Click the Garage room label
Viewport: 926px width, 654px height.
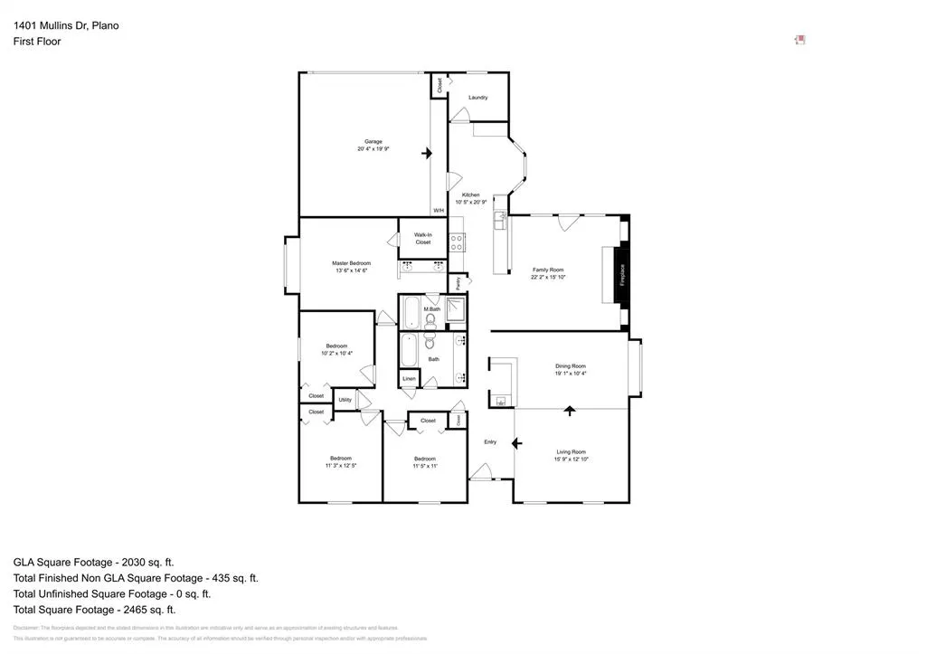coord(373,141)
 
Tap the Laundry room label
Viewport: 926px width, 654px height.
coord(477,97)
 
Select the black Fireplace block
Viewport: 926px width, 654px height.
coord(621,275)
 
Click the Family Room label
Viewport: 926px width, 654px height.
coord(547,270)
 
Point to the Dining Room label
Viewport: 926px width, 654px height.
coord(571,366)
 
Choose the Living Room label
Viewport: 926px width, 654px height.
coord(571,451)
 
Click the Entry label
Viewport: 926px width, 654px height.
coord(490,441)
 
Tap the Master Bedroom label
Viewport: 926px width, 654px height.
coord(351,263)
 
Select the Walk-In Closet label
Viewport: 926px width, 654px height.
coord(423,239)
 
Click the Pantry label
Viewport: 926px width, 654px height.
coord(458,282)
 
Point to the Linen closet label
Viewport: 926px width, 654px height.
coord(409,378)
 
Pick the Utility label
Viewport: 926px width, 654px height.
coord(345,399)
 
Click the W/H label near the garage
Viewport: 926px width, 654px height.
coord(439,211)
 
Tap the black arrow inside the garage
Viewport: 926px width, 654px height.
coord(427,154)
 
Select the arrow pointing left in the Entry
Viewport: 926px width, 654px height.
coord(516,443)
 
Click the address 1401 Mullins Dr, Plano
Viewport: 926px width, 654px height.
coord(66,25)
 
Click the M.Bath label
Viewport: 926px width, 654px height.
coord(432,309)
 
